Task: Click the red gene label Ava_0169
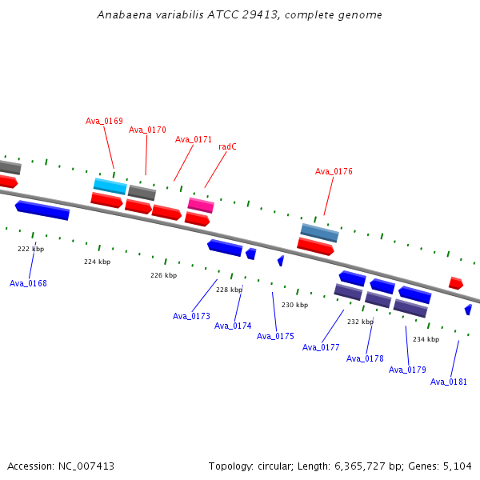tap(104, 122)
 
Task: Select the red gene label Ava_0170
tap(147, 130)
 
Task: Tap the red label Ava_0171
tap(194, 139)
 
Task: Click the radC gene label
tap(227, 146)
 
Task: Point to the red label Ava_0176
tap(334, 171)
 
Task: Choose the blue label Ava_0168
tap(28, 283)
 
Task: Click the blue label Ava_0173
tap(191, 316)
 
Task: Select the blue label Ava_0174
tap(233, 326)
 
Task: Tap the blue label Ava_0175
tap(275, 336)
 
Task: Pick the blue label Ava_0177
tap(321, 347)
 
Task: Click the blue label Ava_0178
tap(365, 358)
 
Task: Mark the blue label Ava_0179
tap(407, 370)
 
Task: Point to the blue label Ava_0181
tap(449, 382)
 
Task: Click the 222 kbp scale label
tap(31, 249)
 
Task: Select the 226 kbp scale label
tap(163, 275)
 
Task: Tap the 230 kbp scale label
tap(294, 305)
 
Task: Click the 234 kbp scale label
tap(426, 339)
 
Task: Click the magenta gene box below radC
tap(201, 206)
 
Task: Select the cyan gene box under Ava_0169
tap(110, 186)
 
